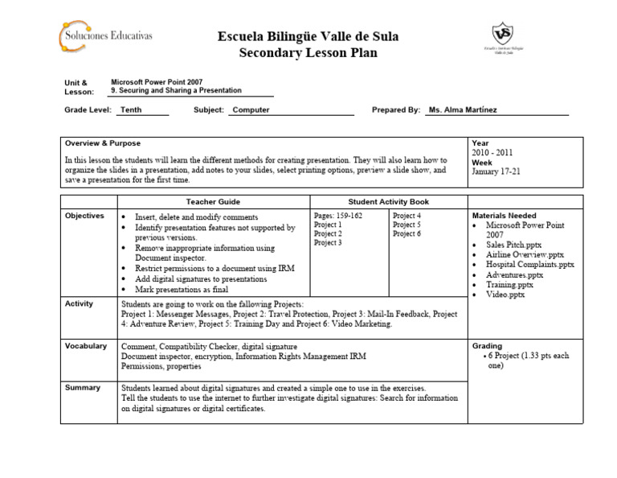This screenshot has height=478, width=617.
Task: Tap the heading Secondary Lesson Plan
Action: pyautogui.click(x=308, y=53)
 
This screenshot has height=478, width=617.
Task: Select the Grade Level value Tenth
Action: pyautogui.click(x=131, y=110)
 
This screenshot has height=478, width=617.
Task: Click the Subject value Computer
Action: pyautogui.click(x=251, y=110)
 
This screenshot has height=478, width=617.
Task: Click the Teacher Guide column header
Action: pyautogui.click(x=213, y=201)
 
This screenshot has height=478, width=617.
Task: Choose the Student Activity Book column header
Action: pyautogui.click(x=388, y=201)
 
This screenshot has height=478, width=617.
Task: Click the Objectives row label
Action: pyautogui.click(x=85, y=216)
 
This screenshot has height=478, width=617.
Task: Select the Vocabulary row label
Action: pyautogui.click(x=87, y=346)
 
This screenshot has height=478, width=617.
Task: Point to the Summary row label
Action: pyautogui.click(x=84, y=387)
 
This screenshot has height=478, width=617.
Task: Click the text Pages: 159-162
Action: pyautogui.click(x=338, y=216)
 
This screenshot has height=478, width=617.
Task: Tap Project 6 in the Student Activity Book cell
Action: pyautogui.click(x=407, y=234)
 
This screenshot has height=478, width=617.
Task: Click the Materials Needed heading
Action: pyautogui.click(x=504, y=216)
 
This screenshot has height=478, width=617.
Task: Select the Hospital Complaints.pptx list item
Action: pyautogui.click(x=530, y=264)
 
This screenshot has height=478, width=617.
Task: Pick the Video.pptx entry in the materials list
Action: pyautogui.click(x=505, y=295)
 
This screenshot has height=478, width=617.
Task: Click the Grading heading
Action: pyautogui.click(x=488, y=346)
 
